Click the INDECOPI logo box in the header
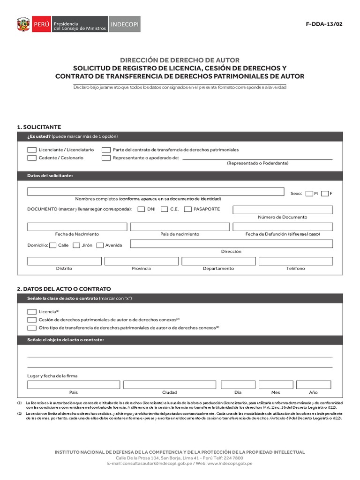124,24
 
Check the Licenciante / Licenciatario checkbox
32,150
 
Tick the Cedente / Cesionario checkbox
32,158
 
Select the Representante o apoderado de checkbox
106,158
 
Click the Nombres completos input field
156,191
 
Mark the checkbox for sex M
309,193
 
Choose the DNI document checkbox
141,210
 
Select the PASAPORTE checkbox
187,210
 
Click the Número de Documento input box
283,210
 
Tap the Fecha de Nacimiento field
77,227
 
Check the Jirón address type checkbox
76,245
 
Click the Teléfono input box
295,261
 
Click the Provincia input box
141,261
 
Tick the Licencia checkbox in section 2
32,312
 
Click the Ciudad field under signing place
169,385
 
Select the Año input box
313,385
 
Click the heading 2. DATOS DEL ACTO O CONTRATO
64,289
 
